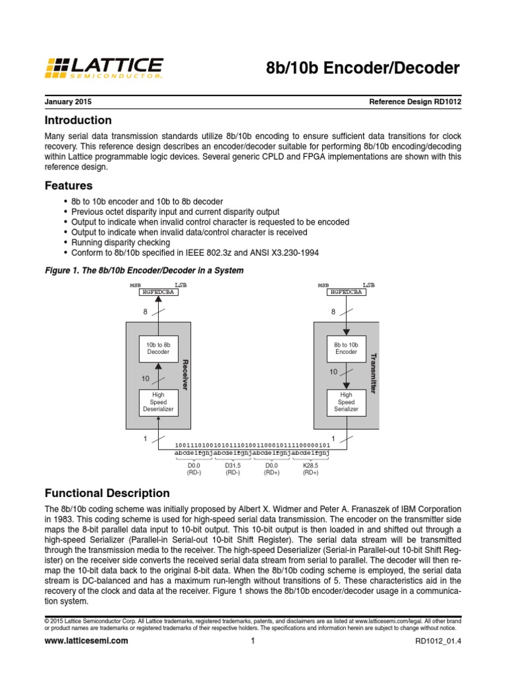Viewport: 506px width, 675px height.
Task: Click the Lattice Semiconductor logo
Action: click(x=103, y=68)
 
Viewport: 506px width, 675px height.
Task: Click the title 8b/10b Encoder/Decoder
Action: click(x=362, y=68)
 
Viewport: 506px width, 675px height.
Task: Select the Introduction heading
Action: click(x=78, y=121)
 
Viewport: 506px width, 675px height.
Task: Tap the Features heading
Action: click(x=68, y=185)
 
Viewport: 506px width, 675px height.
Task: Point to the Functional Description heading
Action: click(x=107, y=493)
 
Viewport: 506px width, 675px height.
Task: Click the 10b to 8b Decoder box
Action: click(x=158, y=347)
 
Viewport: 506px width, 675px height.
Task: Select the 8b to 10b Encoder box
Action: click(x=347, y=347)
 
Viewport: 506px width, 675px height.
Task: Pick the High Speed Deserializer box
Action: click(x=158, y=401)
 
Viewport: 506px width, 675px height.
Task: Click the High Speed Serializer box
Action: click(x=347, y=401)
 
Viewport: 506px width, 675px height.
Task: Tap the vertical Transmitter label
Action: click(x=374, y=374)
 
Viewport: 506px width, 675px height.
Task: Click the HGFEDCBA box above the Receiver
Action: click(x=158, y=292)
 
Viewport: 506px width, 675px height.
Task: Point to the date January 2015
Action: click(x=68, y=102)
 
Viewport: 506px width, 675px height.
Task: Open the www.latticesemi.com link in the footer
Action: click(x=86, y=641)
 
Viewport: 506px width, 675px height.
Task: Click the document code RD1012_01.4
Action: click(x=437, y=641)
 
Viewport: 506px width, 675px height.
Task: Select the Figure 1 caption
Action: click(x=144, y=270)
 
